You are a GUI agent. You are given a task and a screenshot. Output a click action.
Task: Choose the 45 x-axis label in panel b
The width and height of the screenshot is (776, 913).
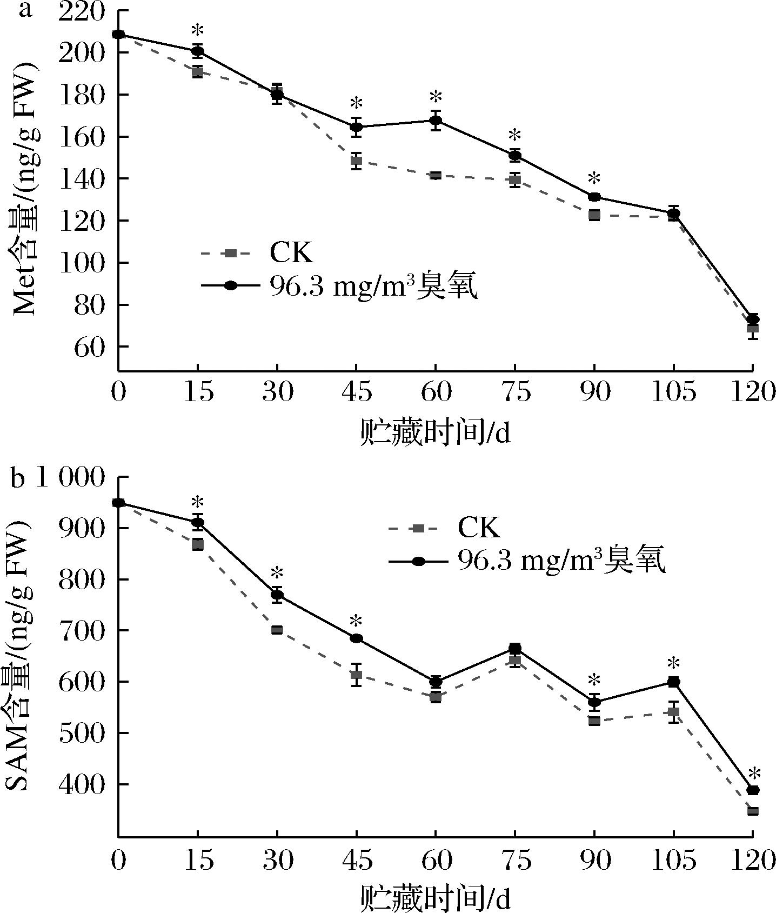point(356,860)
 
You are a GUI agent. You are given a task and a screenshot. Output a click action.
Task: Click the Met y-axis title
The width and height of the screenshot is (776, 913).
point(24,189)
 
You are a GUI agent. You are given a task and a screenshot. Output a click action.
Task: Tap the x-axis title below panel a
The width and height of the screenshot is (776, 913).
point(435,433)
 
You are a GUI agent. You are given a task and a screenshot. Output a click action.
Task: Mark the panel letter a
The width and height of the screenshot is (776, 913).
point(25,9)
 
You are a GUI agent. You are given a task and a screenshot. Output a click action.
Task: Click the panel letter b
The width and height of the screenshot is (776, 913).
point(18,478)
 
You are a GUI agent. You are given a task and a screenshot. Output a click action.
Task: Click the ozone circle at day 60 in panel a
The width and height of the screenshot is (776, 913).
point(436,121)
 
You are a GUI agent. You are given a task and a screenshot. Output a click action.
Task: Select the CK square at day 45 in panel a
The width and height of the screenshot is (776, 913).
point(356,161)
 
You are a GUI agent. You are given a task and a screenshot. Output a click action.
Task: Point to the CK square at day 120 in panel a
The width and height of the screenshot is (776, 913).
point(753,328)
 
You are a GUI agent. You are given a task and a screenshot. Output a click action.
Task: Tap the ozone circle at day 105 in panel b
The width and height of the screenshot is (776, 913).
point(673,682)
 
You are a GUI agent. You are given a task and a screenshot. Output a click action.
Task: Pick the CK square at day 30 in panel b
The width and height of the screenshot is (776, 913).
point(277,630)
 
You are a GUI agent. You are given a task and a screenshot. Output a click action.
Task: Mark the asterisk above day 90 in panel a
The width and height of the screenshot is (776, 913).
point(594,178)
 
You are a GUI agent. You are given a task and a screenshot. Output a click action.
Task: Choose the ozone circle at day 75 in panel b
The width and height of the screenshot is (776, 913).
point(515,648)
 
